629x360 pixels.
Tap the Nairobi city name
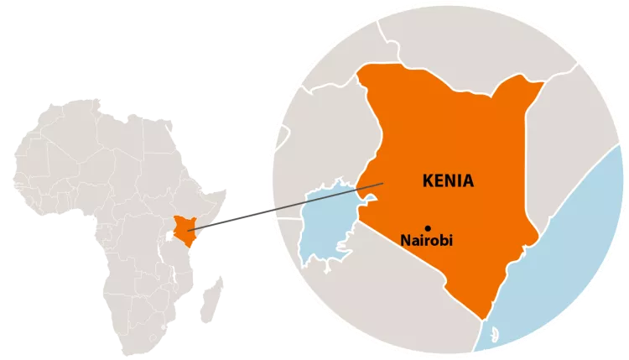(x=426, y=241)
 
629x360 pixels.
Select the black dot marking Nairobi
(x=428, y=227)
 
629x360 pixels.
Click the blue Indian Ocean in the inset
(x=570, y=252)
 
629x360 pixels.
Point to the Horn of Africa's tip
(x=226, y=191)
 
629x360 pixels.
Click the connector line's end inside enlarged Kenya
(x=383, y=184)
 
